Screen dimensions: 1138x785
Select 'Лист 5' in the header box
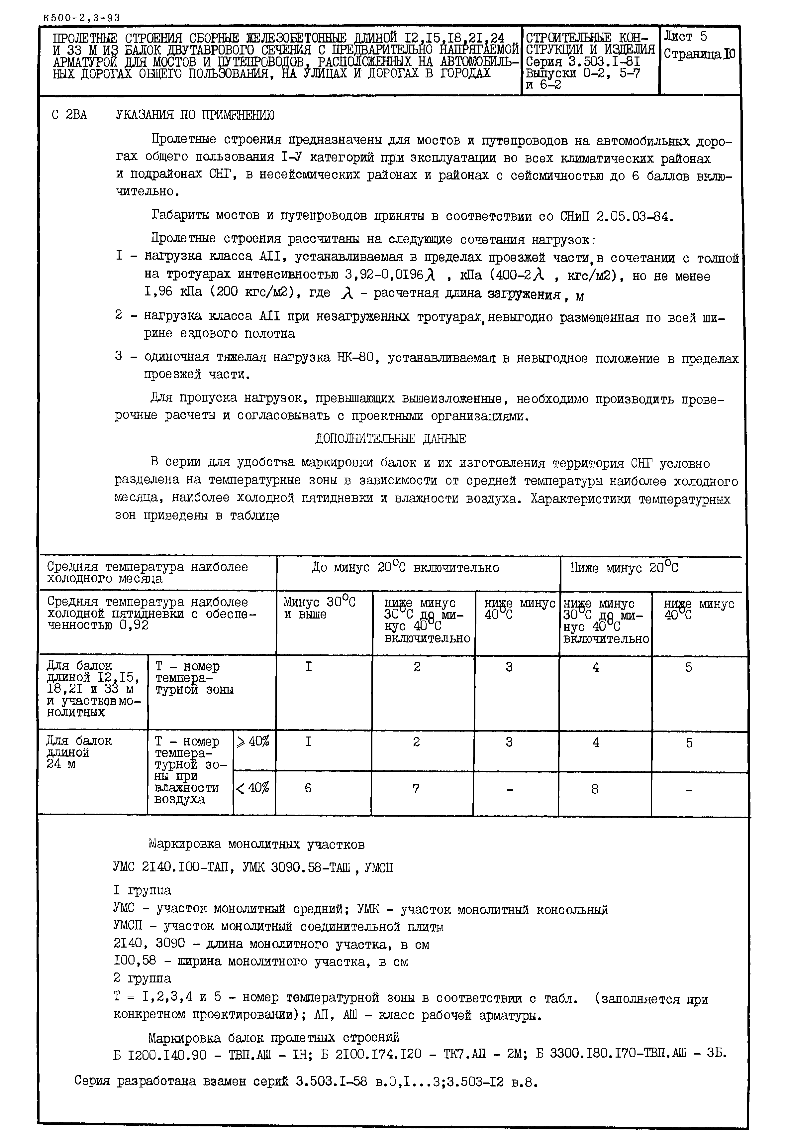tap(685, 37)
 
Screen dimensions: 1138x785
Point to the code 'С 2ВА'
tap(69, 115)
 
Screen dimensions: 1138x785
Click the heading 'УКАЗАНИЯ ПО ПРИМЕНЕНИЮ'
tap(195, 115)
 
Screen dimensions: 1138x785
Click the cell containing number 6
tap(308, 788)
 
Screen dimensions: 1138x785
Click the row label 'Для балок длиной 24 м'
tap(79, 752)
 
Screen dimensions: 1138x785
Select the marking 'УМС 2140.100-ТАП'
tap(169, 867)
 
